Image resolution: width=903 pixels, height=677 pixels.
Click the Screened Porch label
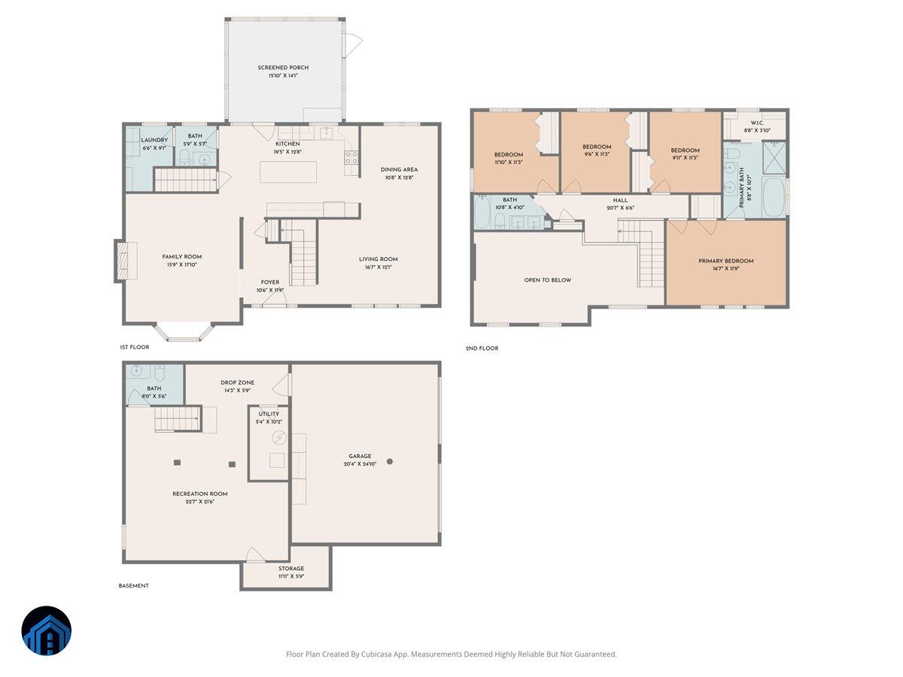tap(283, 68)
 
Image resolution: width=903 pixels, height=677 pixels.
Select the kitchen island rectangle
tap(288, 172)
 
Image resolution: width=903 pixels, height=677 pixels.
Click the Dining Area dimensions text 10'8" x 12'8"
tap(399, 178)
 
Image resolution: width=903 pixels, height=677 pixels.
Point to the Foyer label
tap(270, 283)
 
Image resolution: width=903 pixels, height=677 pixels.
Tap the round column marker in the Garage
tap(390, 461)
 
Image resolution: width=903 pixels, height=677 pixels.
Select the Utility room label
tap(269, 414)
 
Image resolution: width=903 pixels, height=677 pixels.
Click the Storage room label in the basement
tap(291, 569)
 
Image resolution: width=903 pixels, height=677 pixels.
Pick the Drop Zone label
tap(237, 382)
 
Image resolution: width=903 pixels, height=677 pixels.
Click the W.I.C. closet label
tap(756, 123)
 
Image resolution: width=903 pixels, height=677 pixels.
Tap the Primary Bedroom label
tap(725, 261)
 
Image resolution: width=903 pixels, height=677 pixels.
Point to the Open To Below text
tap(547, 280)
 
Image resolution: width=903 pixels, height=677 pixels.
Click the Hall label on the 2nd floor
tap(620, 200)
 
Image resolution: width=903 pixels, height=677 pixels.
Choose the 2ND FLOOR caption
tap(482, 348)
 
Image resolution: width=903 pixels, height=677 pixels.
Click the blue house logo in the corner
tap(47, 630)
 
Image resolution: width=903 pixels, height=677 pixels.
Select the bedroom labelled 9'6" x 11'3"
tap(596, 150)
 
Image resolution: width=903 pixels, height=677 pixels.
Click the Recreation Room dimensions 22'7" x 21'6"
tap(199, 502)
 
